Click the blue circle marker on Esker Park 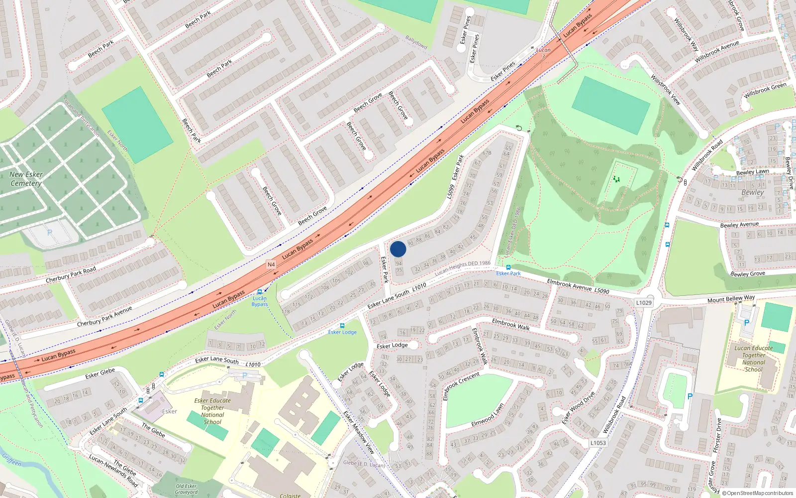coord(398,249)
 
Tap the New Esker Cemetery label coord(26,179)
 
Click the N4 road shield coord(271,264)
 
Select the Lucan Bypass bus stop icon coord(259,292)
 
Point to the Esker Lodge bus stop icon coord(342,326)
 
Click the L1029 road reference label coord(644,302)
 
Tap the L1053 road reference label coord(598,443)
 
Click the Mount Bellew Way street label coord(731,299)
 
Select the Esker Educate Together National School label coord(212,411)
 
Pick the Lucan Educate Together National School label coord(754,359)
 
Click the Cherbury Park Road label coord(71,275)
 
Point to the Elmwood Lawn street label coord(488,415)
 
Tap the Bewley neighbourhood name coord(752,192)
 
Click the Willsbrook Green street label coord(765,90)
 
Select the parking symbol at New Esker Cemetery coord(49,233)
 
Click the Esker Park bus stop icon coord(508,267)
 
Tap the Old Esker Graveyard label coord(186,489)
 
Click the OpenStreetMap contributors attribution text coord(758,493)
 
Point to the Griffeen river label coord(11,460)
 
